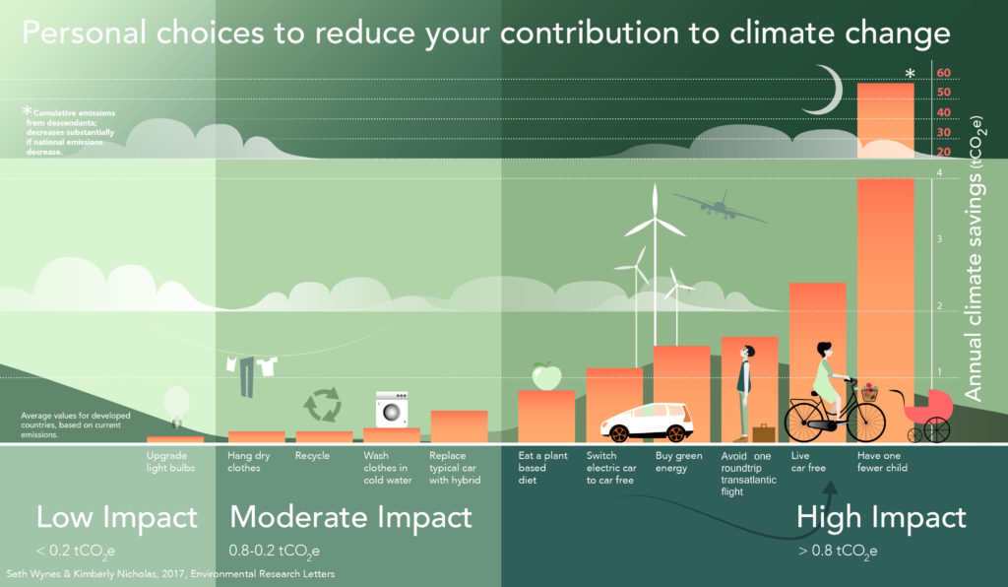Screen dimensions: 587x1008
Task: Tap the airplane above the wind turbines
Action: [x=719, y=206]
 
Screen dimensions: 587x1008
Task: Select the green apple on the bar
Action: [x=544, y=376]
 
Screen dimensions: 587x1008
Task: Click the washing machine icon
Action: [x=392, y=409]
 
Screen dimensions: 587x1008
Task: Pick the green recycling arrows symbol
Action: [x=321, y=405]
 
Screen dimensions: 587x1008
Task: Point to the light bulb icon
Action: [x=175, y=404]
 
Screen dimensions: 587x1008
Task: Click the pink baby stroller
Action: [x=929, y=413]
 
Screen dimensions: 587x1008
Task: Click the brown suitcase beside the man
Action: [x=763, y=432]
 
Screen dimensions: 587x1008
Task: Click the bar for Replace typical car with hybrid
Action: [x=459, y=426]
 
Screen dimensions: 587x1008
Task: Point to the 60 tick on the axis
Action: [x=943, y=73]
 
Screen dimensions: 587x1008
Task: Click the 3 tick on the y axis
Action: [x=940, y=239]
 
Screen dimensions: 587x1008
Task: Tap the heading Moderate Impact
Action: [x=350, y=517]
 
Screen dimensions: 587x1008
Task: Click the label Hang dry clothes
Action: [x=244, y=462]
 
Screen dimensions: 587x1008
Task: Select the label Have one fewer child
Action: [x=882, y=462]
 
